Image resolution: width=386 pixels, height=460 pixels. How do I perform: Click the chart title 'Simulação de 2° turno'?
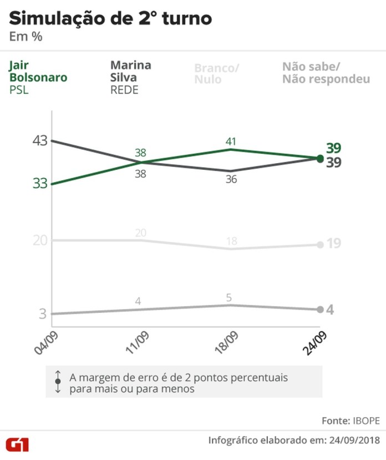click(x=110, y=18)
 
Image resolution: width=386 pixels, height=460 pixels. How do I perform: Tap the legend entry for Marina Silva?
click(x=131, y=77)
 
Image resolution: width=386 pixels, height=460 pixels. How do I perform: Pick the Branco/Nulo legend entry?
click(x=216, y=73)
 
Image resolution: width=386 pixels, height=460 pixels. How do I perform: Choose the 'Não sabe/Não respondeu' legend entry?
click(x=326, y=73)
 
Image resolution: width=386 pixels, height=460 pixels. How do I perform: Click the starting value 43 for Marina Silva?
click(x=39, y=141)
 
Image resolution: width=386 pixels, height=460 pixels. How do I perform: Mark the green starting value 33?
click(x=39, y=184)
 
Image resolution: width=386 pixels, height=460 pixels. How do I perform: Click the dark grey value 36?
click(x=231, y=180)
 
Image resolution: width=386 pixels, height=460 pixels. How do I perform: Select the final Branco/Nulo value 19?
click(x=333, y=244)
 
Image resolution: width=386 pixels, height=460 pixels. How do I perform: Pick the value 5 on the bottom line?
click(x=228, y=297)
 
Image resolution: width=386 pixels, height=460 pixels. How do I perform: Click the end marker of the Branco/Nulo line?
click(x=320, y=245)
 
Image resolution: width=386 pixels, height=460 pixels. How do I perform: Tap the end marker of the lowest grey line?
click(x=320, y=309)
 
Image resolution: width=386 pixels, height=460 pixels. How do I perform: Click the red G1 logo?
click(x=18, y=444)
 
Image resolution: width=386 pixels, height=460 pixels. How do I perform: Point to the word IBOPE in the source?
click(x=365, y=421)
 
